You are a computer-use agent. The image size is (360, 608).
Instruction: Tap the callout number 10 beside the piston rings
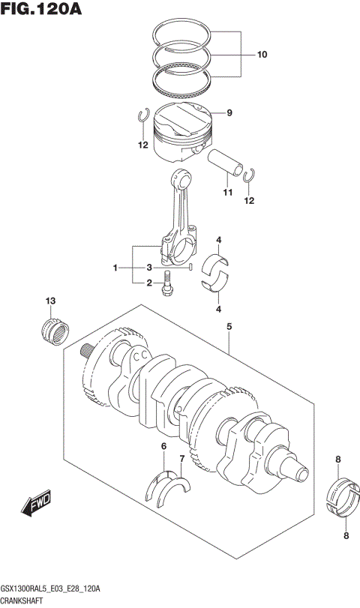pyautogui.click(x=262, y=55)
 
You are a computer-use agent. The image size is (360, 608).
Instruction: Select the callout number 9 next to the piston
pyautogui.click(x=229, y=113)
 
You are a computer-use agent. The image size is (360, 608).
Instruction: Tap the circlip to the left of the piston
pyautogui.click(x=142, y=116)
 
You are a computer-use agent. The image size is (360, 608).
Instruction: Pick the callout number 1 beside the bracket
pyautogui.click(x=115, y=268)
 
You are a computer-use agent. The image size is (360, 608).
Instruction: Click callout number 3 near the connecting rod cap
pyautogui.click(x=149, y=268)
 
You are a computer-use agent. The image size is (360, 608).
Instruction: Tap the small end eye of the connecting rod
pyautogui.click(x=181, y=179)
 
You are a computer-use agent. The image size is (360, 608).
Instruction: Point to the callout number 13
pyautogui.click(x=50, y=301)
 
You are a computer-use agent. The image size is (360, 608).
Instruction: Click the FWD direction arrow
pyautogui.click(x=37, y=507)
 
